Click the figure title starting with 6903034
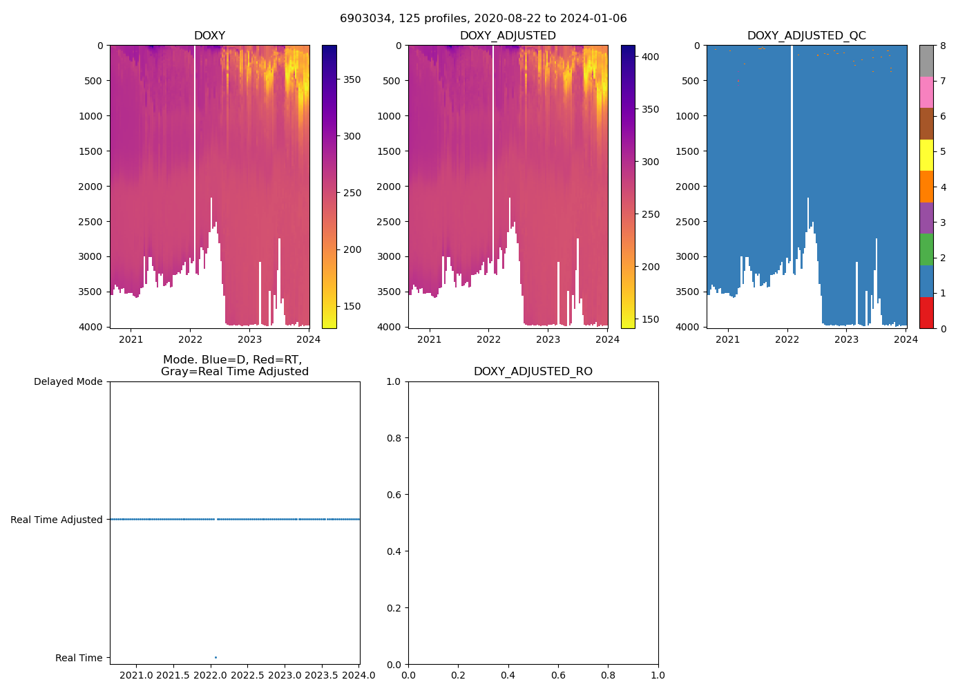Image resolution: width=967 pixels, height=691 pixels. point(483,19)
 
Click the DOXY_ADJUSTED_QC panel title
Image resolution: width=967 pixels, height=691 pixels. point(806,36)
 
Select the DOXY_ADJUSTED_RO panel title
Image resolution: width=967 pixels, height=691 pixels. point(533,372)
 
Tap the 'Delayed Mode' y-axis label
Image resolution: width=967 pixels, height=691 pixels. point(68,381)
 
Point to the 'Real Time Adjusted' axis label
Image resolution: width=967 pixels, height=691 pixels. point(56,520)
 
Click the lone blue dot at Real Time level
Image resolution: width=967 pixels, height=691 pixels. point(216,657)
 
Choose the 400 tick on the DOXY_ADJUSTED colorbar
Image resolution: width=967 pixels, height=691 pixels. point(650,57)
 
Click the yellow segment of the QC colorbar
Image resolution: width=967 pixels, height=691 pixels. point(926,155)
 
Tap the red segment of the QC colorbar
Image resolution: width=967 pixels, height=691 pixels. point(926,312)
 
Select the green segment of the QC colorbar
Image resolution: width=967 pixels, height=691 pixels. point(926,249)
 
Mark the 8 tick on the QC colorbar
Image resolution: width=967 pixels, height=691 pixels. point(943,46)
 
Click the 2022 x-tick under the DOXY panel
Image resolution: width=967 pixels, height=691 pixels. point(190,339)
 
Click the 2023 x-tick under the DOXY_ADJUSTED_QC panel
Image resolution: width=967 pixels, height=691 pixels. point(846,339)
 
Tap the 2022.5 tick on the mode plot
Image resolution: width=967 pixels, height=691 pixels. point(247,675)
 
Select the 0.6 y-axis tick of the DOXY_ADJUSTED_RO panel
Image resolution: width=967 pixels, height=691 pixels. point(394,495)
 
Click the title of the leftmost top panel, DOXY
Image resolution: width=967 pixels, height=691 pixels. point(209,36)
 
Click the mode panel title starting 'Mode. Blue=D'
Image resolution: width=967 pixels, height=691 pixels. point(235,366)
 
